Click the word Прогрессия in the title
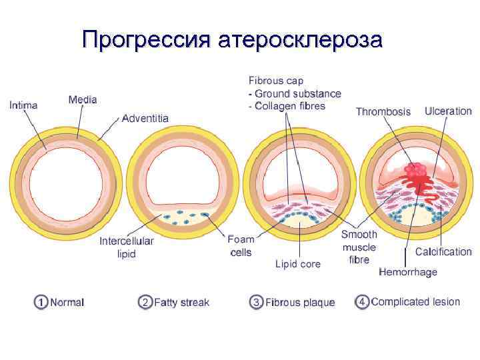[145, 41]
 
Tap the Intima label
[23, 105]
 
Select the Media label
[83, 100]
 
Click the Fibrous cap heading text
[275, 81]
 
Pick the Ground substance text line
[295, 94]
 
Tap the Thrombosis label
[383, 111]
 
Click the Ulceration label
[448, 111]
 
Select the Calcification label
[443, 252]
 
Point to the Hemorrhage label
[408, 272]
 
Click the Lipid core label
[298, 264]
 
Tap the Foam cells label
[240, 245]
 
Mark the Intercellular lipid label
[127, 247]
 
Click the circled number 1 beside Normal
[41, 302]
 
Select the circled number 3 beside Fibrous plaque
[256, 302]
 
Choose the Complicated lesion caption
[415, 302]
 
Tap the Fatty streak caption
[181, 302]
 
